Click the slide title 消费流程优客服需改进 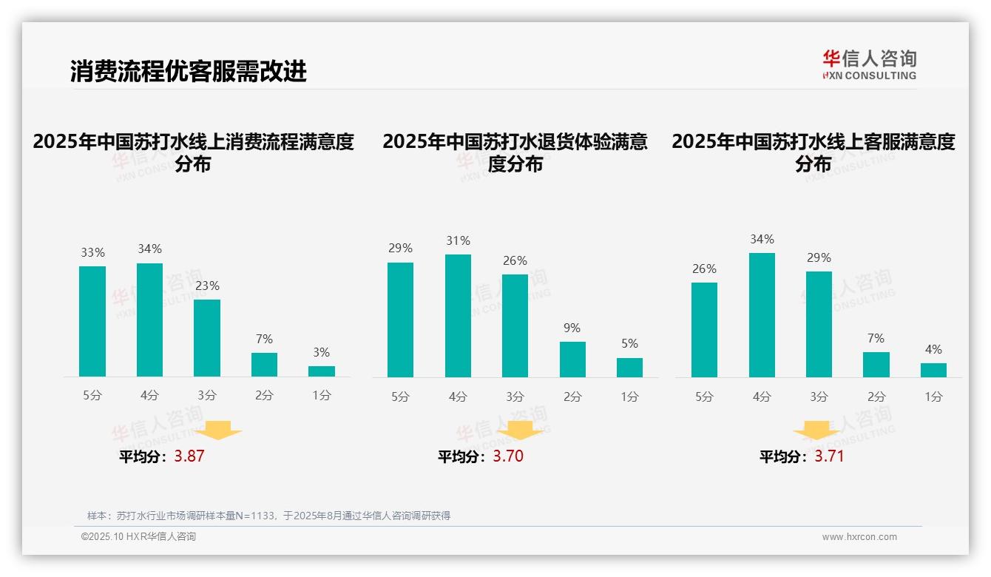[189, 71]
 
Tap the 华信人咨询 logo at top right [869, 64]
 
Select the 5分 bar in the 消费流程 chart [92, 321]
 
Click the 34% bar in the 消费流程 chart [149, 320]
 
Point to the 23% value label [207, 286]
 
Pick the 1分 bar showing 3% [322, 371]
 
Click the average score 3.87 [189, 456]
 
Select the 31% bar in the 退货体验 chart [458, 316]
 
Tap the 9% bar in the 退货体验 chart [572, 360]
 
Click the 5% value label [629, 343]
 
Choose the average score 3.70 [508, 456]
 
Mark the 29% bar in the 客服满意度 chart [819, 324]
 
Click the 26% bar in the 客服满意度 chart [704, 330]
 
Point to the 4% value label [933, 349]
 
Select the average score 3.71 [829, 456]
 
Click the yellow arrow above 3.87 [219, 430]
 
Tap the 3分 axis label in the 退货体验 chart [515, 397]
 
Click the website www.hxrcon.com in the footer [859, 537]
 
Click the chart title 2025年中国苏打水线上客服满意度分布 [814, 152]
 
